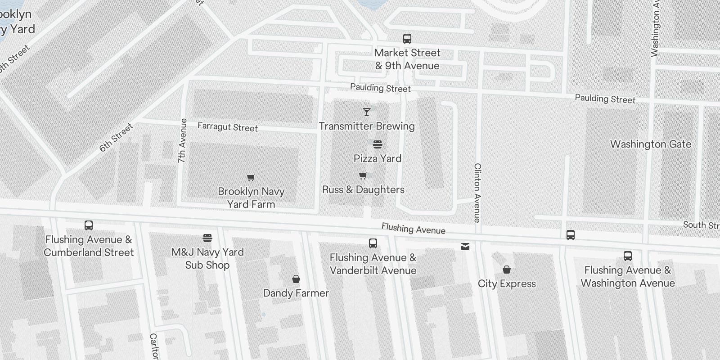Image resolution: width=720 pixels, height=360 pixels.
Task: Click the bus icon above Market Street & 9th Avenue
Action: (x=407, y=39)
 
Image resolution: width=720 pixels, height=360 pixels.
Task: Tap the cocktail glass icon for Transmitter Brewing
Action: (x=367, y=112)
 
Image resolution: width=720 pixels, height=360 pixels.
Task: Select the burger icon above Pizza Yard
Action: (x=378, y=144)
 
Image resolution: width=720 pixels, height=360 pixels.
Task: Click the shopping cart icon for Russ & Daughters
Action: (x=363, y=175)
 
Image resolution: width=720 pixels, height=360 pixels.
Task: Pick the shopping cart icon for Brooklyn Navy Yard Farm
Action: (x=251, y=177)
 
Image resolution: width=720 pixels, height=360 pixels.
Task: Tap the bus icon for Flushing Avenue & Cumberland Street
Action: (x=89, y=225)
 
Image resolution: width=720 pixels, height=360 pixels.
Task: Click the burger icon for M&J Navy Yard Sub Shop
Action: (x=207, y=238)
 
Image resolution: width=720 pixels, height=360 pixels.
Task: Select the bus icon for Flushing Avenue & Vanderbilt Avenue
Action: (x=373, y=243)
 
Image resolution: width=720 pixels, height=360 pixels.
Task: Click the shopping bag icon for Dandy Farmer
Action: (x=296, y=279)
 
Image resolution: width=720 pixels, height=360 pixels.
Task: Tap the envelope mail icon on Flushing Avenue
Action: (x=465, y=247)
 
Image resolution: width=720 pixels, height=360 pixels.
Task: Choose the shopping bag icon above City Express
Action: (x=507, y=270)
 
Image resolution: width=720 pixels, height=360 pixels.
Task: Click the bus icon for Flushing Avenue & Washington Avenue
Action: (x=628, y=256)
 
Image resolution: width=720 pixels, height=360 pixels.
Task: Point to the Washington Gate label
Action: (x=651, y=144)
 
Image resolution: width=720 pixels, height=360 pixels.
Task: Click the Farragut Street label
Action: (x=228, y=127)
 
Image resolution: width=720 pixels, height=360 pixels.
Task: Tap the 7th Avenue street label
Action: (x=182, y=140)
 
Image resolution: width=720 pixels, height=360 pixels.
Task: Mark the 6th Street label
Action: (x=117, y=137)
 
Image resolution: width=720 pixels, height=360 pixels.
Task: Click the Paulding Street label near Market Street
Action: (x=380, y=88)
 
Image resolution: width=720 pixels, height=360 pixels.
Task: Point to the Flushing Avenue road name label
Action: (x=414, y=229)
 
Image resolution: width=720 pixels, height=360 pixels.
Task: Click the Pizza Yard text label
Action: (x=378, y=158)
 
